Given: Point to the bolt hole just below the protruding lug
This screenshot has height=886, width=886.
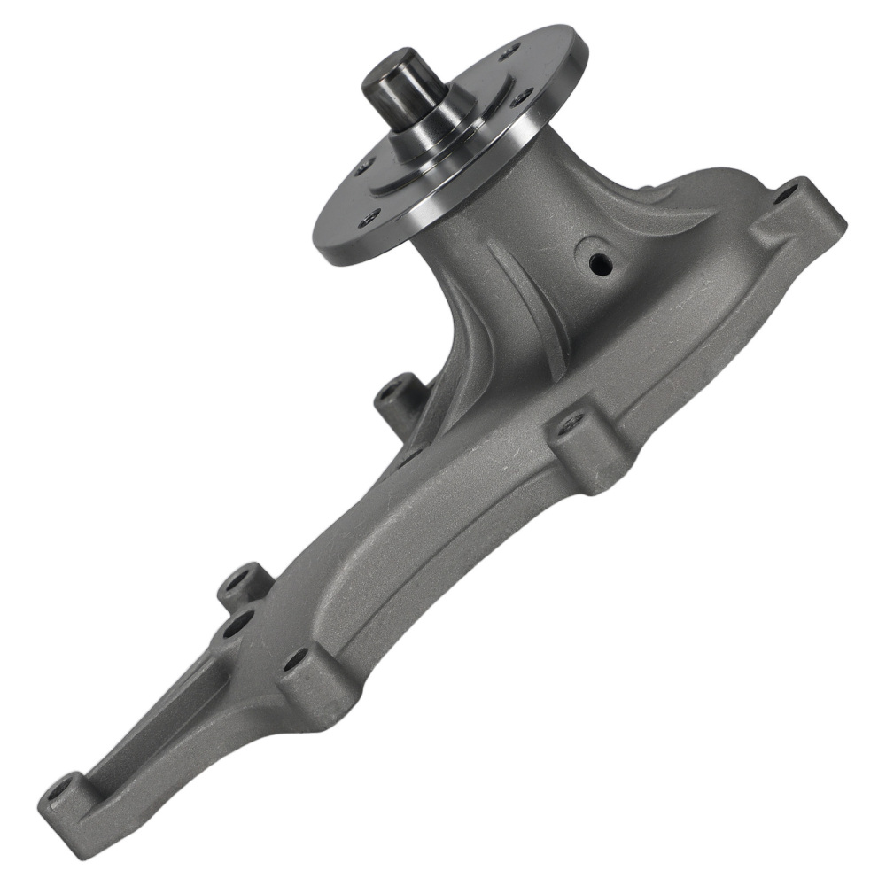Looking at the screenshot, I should [x=237, y=626].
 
